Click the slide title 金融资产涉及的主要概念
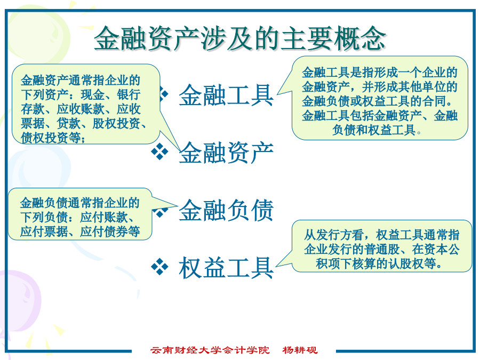(239, 38)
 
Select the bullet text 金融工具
(226, 95)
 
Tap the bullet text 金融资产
(226, 153)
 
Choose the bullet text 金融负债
(226, 210)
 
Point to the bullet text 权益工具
(226, 268)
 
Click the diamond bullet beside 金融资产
(160, 151)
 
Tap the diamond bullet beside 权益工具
(160, 266)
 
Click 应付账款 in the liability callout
(104, 217)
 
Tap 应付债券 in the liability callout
(104, 231)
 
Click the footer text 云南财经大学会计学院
(210, 350)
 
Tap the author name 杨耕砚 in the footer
(300, 350)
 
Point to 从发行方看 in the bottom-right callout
(334, 235)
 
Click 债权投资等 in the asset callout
(51, 138)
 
